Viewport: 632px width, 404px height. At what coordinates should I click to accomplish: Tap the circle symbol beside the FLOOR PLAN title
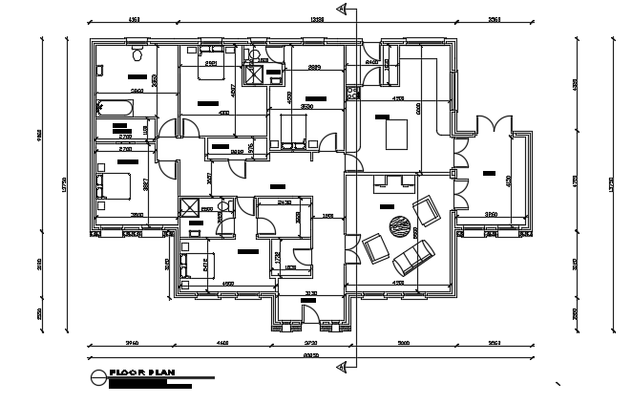pyautogui.click(x=97, y=377)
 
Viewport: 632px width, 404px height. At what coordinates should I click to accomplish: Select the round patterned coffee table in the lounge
pyautogui.click(x=396, y=227)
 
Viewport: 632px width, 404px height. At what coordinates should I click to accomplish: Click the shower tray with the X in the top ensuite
pyautogui.click(x=255, y=73)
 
